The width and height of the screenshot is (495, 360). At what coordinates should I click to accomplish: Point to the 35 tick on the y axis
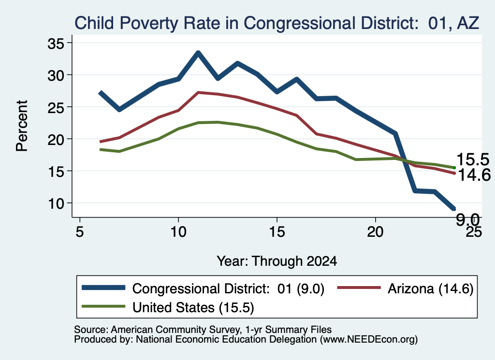pyautogui.click(x=56, y=43)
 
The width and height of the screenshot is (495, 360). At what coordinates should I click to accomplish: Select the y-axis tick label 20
pyautogui.click(x=56, y=139)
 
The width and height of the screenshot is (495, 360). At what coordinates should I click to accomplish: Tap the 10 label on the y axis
pyautogui.click(x=56, y=203)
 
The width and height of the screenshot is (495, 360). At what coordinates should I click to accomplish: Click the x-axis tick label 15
pyautogui.click(x=277, y=232)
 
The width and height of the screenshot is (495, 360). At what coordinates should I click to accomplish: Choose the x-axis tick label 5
pyautogui.click(x=80, y=232)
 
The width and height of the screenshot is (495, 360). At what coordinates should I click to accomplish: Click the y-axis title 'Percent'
pyautogui.click(x=22, y=126)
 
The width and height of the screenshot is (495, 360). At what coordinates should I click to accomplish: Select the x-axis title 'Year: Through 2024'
pyautogui.click(x=277, y=261)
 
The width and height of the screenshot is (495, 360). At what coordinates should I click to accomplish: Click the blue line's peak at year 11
pyautogui.click(x=198, y=52)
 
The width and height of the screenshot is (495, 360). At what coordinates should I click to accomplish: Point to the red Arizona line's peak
pyautogui.click(x=198, y=92)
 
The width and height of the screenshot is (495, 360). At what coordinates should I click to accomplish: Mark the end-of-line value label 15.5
pyautogui.click(x=473, y=159)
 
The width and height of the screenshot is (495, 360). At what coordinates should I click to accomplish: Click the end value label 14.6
pyautogui.click(x=474, y=175)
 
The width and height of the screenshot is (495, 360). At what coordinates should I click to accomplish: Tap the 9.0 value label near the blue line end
pyautogui.click(x=467, y=219)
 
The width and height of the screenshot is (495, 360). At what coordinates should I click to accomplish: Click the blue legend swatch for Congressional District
pyautogui.click(x=103, y=288)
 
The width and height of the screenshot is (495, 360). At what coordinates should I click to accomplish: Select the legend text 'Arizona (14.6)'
pyautogui.click(x=431, y=288)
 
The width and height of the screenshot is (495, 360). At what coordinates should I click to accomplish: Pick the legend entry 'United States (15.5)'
pyautogui.click(x=168, y=307)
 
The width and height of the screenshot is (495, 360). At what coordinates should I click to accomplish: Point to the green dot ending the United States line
pyautogui.click(x=454, y=168)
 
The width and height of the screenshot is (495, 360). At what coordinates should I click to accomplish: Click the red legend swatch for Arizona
pyautogui.click(x=359, y=288)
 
